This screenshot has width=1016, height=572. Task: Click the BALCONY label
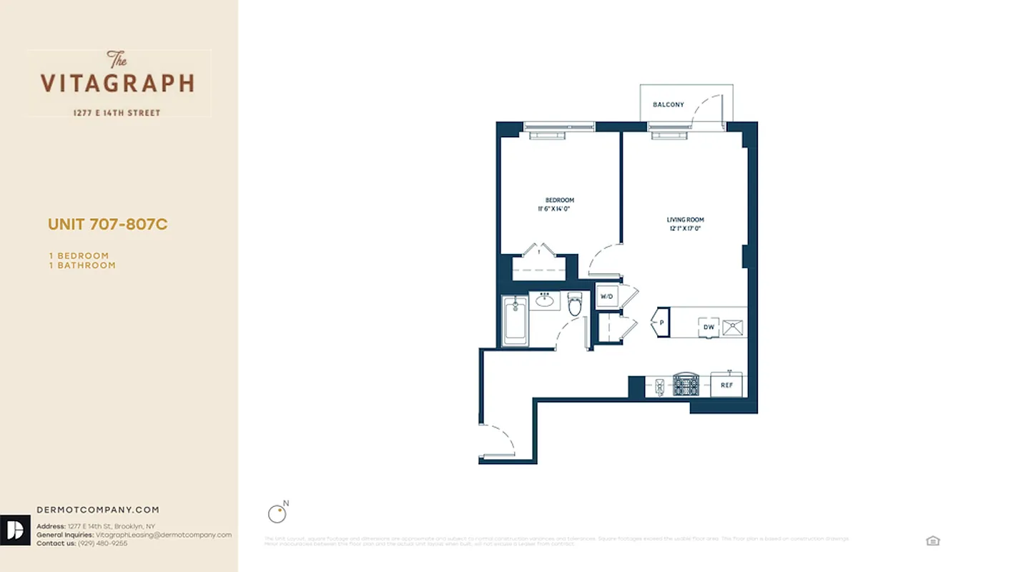click(668, 104)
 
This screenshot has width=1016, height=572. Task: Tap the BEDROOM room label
click(559, 200)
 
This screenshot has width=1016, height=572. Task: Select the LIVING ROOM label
click(686, 220)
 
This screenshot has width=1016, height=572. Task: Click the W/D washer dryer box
click(606, 296)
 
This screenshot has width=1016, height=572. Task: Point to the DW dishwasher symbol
click(709, 327)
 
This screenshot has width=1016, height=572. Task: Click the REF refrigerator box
click(726, 385)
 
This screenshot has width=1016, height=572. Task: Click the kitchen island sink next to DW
click(732, 327)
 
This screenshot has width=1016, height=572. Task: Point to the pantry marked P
click(661, 322)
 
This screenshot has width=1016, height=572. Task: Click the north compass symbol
click(276, 513)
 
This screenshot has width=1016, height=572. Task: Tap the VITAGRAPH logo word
click(117, 83)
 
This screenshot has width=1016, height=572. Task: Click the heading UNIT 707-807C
click(107, 225)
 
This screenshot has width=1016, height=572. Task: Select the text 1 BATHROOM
click(82, 265)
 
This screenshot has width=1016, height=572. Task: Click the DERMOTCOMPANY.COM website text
click(98, 510)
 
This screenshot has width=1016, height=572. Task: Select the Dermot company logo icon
click(15, 530)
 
